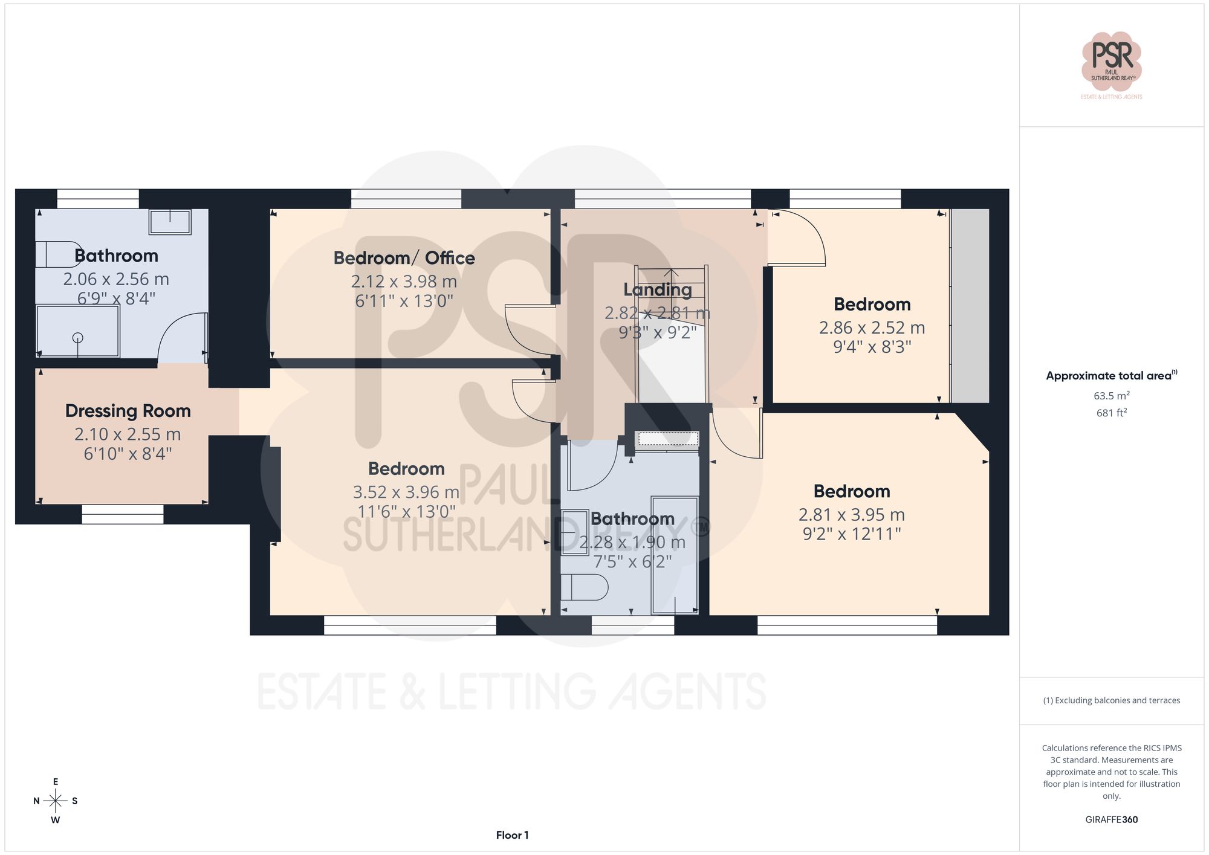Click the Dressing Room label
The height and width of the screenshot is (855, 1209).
tap(128, 411)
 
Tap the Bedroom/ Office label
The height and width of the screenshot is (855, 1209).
tap(404, 258)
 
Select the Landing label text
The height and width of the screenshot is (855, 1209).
tap(658, 290)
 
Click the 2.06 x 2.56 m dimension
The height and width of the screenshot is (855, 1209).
tap(116, 279)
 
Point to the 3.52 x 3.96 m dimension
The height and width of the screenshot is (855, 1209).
tap(406, 492)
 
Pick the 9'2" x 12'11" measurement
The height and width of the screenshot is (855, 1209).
tap(852, 534)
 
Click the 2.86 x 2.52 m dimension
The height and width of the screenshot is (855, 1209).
tap(872, 328)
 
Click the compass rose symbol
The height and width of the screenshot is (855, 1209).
tap(56, 801)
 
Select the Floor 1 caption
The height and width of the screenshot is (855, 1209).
tap(512, 835)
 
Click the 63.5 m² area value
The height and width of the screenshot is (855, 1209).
tap(1112, 396)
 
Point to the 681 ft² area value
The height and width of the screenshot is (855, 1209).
tap(1112, 413)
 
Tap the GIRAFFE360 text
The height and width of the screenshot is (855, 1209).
tap(1112, 820)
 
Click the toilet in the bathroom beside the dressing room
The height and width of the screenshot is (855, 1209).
tap(57, 254)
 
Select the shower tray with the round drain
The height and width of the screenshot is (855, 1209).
tap(78, 332)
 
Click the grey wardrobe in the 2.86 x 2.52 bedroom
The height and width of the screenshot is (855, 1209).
tap(970, 306)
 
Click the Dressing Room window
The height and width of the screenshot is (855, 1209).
tap(123, 514)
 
